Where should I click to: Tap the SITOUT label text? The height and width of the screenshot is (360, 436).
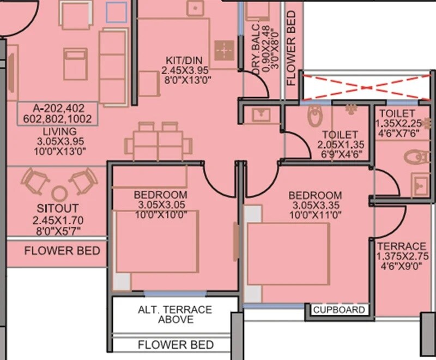58,208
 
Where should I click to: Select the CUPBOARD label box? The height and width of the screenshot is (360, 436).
338,310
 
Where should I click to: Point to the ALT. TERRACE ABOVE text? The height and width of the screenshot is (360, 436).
175,314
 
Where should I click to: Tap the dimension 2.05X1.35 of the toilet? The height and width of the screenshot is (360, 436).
340,145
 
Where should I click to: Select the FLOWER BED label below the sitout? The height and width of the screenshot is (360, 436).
62,250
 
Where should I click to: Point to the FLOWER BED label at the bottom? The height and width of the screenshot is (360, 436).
175,345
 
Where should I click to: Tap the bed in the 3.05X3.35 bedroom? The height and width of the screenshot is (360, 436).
289,257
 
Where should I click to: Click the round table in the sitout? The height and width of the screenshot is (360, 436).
59,192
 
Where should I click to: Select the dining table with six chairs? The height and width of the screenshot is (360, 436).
158,143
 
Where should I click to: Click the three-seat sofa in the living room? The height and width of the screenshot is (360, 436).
112,68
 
